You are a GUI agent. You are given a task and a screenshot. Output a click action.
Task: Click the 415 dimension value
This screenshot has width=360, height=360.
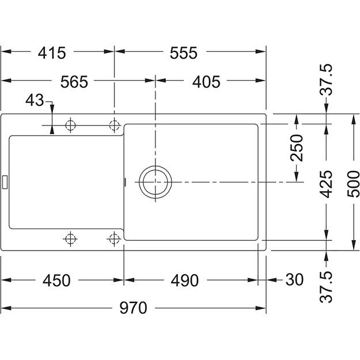click(x=52, y=52)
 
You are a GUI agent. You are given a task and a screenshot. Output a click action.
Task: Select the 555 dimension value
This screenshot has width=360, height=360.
click(x=184, y=52)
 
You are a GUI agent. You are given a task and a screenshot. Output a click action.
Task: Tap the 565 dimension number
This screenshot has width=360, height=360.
click(x=74, y=82)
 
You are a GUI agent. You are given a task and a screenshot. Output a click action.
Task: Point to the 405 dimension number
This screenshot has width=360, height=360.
click(x=206, y=82)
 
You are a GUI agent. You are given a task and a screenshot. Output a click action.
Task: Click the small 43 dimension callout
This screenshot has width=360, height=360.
click(x=35, y=101)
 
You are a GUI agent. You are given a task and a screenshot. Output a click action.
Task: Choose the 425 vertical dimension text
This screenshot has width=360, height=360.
click(x=326, y=184)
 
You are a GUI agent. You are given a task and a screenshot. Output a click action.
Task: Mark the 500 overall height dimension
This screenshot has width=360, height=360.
click(x=354, y=184)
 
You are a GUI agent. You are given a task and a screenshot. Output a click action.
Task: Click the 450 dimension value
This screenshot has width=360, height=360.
click(x=56, y=281)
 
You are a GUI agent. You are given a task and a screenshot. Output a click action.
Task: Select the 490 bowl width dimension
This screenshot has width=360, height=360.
click(x=184, y=281)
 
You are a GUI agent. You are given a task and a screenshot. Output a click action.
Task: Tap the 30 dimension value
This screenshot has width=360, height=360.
click(x=294, y=281)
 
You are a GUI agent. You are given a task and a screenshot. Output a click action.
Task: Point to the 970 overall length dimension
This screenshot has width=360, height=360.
click(x=133, y=308)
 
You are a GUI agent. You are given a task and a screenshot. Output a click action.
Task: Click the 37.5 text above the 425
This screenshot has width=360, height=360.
click(x=326, y=80)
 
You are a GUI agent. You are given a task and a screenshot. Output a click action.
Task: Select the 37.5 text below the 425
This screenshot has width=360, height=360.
click(x=326, y=286)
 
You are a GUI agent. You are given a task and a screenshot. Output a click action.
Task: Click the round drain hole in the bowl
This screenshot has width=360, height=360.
click(x=154, y=183)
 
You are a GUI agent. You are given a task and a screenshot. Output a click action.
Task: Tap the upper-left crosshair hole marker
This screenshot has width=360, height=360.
click(x=71, y=124)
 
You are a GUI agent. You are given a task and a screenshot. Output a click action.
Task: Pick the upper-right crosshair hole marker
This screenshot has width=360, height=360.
click(x=115, y=124)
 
